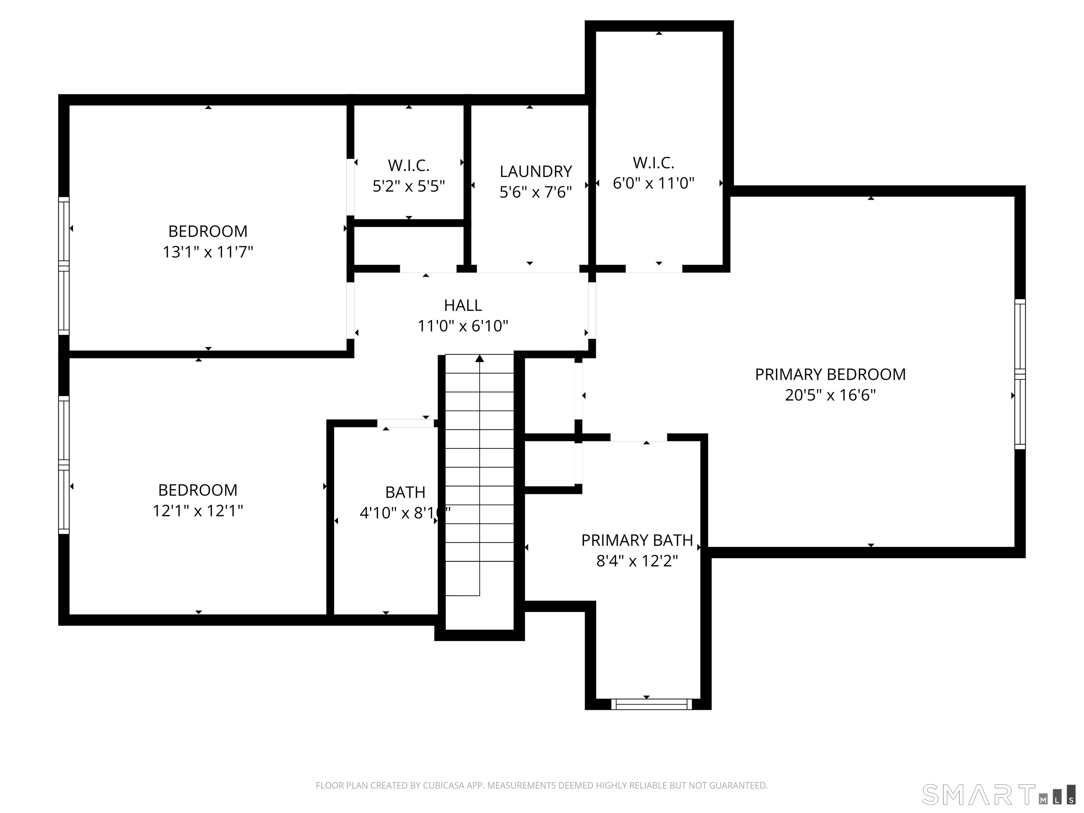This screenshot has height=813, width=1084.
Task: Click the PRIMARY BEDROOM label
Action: click(x=830, y=374)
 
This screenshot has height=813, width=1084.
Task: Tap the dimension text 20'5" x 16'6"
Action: click(x=830, y=395)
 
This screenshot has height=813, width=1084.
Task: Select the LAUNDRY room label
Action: click(x=536, y=171)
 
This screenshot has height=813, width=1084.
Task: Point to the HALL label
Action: click(x=463, y=305)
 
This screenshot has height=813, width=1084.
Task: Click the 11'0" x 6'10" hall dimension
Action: click(x=463, y=326)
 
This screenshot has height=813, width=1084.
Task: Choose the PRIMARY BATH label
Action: click(x=637, y=540)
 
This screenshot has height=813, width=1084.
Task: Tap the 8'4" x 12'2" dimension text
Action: click(x=637, y=561)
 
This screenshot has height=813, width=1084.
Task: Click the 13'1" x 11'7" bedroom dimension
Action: click(x=208, y=252)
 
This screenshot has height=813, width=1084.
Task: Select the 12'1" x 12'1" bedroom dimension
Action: click(x=198, y=511)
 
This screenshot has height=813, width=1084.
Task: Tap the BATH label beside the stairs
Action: click(x=405, y=492)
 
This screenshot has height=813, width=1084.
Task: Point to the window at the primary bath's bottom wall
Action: click(x=651, y=704)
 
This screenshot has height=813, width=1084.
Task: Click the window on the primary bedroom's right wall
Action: click(x=1020, y=374)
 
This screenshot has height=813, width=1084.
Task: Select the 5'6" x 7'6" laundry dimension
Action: click(x=536, y=192)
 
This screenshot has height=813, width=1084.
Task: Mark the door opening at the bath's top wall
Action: click(x=406, y=423)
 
